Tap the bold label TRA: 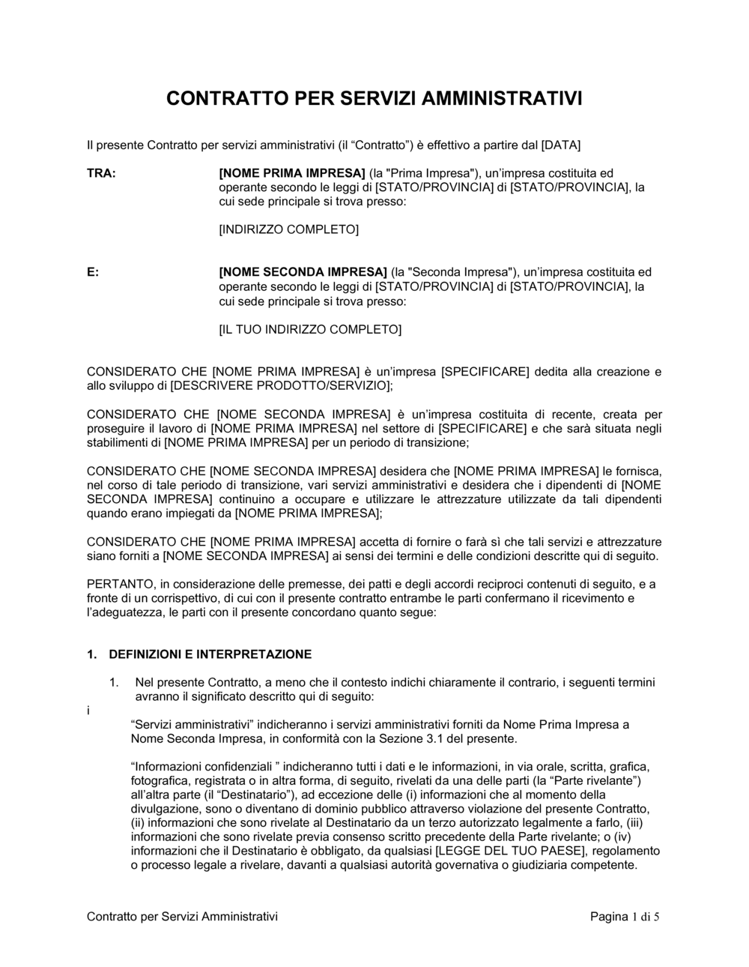pos(101,173)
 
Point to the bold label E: pos(93,272)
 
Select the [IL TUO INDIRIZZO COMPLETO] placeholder pos(309,329)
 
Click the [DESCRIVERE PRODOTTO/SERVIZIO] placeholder pos(280,385)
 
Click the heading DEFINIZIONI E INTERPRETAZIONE pos(210,654)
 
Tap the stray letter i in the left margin pos(88,710)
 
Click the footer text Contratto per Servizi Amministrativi pos(182,916)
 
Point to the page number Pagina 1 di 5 pos(625,916)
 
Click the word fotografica pos(160,780)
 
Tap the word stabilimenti pos(122,442)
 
